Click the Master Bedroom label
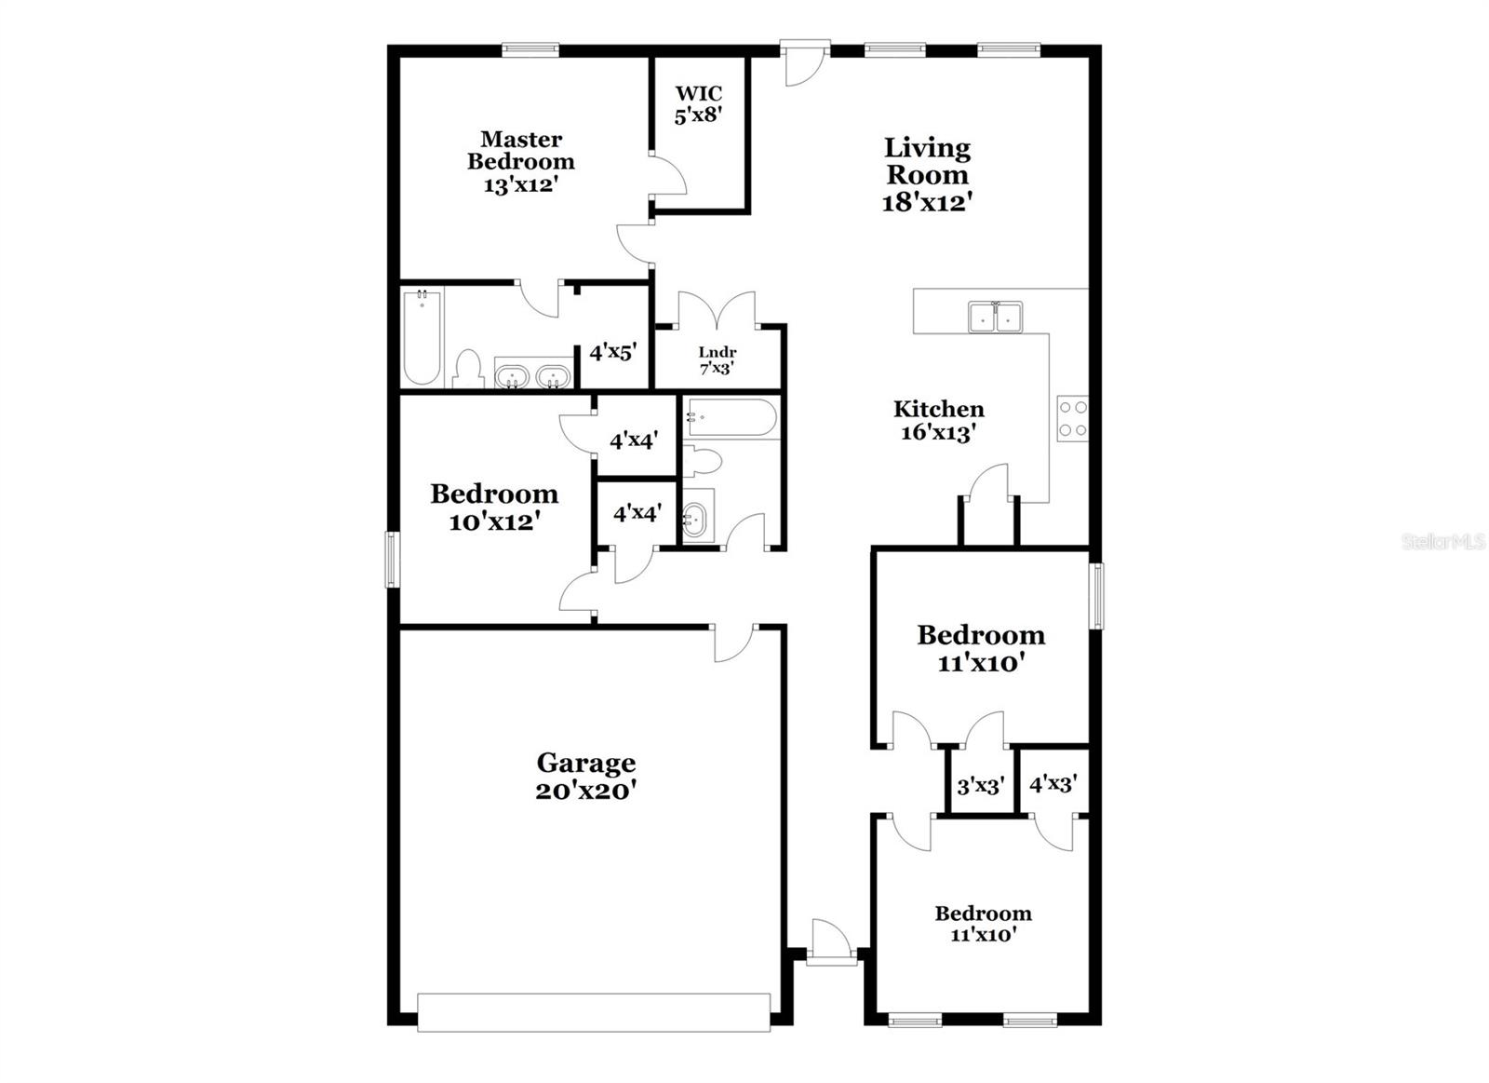[520, 162]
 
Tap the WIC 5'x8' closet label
[698, 104]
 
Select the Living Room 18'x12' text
[927, 174]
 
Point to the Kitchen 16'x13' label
[938, 420]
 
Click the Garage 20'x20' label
[585, 776]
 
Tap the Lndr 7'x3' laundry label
[717, 359]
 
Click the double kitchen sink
[995, 317]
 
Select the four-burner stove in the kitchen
[1072, 419]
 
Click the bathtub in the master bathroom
[422, 336]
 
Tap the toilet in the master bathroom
[467, 369]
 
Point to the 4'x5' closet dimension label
[612, 353]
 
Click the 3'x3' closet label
[980, 786]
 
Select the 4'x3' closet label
[1053, 784]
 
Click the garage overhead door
[594, 1012]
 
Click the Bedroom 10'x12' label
[494, 507]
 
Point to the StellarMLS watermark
[1442, 541]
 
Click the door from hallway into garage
[734, 642]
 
